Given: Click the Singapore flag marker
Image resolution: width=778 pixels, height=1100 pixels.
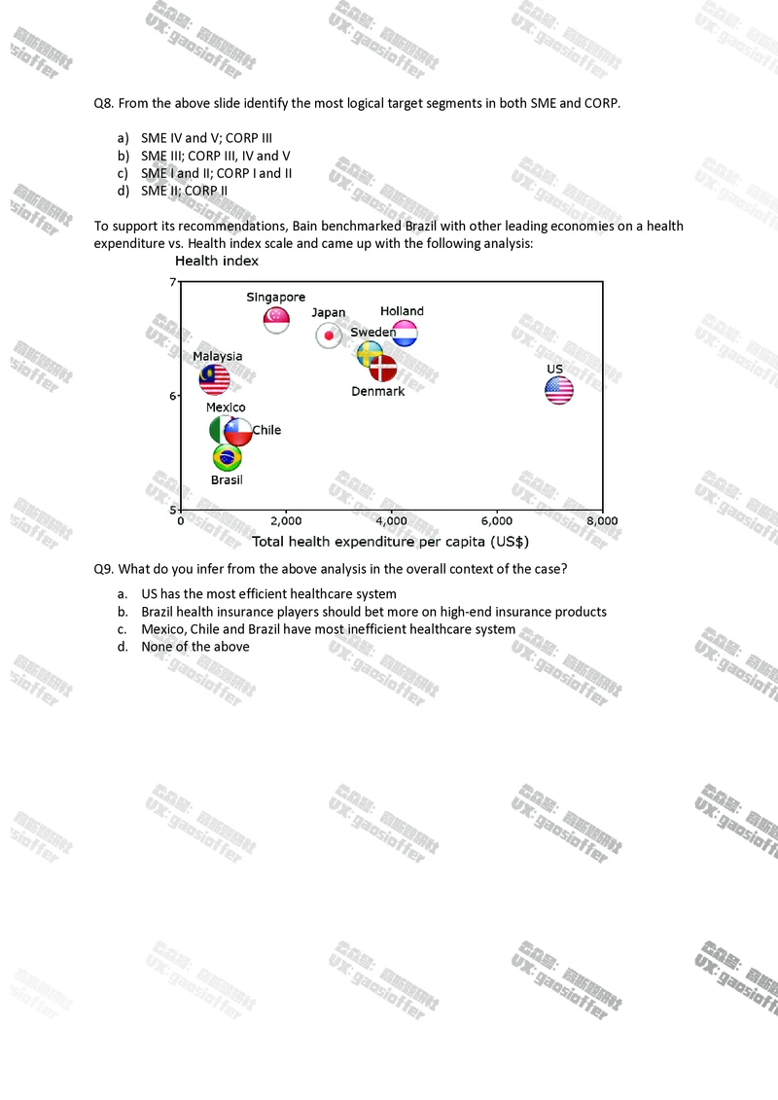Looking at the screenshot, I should point(277,319).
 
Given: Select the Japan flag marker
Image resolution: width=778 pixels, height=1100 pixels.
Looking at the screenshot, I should point(329,336).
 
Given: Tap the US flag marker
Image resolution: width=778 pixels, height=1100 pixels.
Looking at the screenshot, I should point(558,390).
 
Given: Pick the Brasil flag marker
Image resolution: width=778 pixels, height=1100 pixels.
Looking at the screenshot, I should point(227,457).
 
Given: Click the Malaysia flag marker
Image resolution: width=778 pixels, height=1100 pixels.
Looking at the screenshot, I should point(215,379).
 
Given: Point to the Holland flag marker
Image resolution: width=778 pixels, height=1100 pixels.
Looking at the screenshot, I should point(405,334).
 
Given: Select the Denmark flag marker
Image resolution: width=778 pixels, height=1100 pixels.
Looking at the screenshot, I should point(383,369).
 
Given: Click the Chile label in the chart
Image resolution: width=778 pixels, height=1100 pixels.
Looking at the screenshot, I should point(266,430).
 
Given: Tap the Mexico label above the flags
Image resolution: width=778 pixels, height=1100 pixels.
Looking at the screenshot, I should point(226,408).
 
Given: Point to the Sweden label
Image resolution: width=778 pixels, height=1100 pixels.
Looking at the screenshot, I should point(372,333).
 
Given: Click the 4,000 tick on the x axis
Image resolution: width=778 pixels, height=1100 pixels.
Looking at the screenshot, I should point(392,521).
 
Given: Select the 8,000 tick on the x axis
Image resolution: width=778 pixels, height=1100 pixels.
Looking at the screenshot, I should point(602,521).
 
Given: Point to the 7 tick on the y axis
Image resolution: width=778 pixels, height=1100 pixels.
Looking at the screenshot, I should point(174,282).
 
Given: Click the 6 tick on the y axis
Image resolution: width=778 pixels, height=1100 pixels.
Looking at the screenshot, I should point(174,395).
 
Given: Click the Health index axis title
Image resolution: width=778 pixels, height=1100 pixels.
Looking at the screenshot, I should point(216,261).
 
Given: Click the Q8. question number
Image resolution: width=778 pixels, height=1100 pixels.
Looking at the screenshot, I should point(104,102).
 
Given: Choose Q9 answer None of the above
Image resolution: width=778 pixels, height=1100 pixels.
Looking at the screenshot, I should point(194,647).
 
